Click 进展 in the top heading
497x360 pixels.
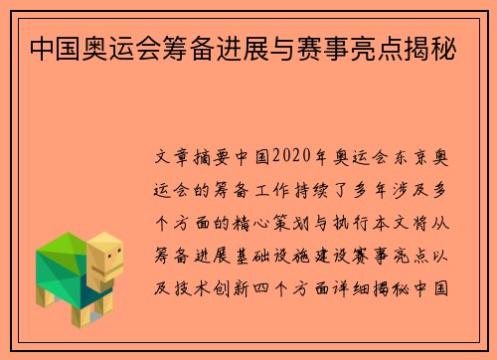click(x=245, y=47)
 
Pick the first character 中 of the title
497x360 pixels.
click(x=42, y=47)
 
